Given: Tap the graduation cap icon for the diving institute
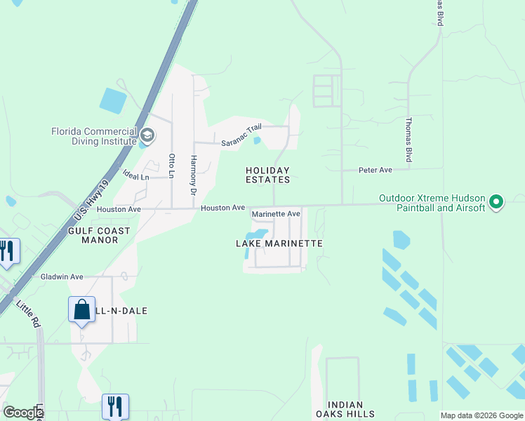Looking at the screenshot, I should (147, 134).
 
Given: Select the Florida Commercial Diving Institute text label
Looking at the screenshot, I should (94, 136).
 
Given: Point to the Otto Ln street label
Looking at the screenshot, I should (171, 165).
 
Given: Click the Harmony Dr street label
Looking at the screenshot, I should (193, 175).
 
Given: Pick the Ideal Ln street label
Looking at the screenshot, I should (136, 177).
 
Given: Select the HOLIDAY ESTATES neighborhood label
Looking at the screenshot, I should (267, 175).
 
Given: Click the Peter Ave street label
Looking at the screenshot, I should (376, 170).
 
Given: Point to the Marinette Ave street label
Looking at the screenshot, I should (276, 213).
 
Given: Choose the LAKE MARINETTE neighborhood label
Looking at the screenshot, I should (279, 243).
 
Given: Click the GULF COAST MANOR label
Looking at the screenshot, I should (99, 235).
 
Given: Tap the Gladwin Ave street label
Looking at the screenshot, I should (62, 276).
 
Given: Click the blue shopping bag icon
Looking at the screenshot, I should (81, 309).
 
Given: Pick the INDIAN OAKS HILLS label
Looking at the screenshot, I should (345, 409).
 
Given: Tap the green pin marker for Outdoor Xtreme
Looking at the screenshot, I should (497, 202).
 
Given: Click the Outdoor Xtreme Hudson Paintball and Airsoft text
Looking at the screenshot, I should (432, 203).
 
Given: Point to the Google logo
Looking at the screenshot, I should (22, 412).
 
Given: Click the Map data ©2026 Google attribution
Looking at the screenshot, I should (481, 415).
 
